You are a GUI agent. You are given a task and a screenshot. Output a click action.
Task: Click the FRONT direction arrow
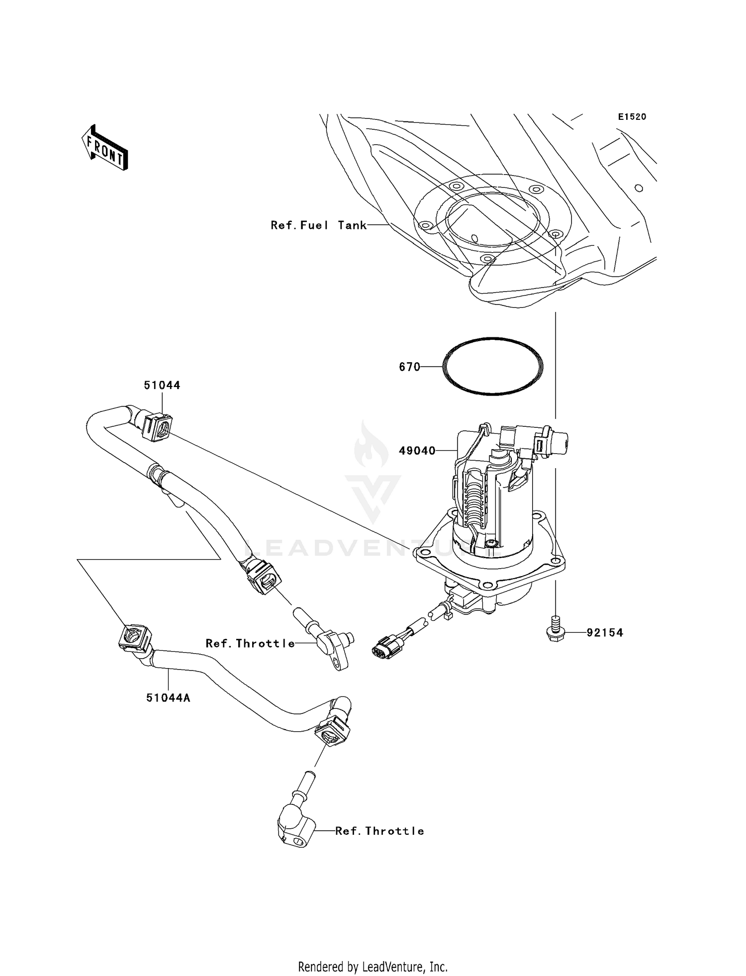click(105, 148)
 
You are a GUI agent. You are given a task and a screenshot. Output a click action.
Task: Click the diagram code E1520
click(632, 117)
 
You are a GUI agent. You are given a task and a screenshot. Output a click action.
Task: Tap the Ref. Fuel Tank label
click(318, 225)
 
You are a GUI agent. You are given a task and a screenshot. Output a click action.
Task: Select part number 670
click(409, 367)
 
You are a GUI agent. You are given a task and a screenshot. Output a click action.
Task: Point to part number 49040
click(417, 451)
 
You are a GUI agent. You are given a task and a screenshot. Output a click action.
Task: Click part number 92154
click(604, 633)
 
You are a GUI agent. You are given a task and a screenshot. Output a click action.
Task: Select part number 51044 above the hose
click(162, 385)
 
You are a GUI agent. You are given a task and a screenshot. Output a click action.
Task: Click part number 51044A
click(168, 698)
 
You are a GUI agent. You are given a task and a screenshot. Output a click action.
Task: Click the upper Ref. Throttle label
click(250, 643)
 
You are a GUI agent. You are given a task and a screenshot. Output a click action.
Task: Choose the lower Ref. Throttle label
click(379, 831)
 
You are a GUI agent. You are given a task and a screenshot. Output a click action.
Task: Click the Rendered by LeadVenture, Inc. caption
click(373, 967)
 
